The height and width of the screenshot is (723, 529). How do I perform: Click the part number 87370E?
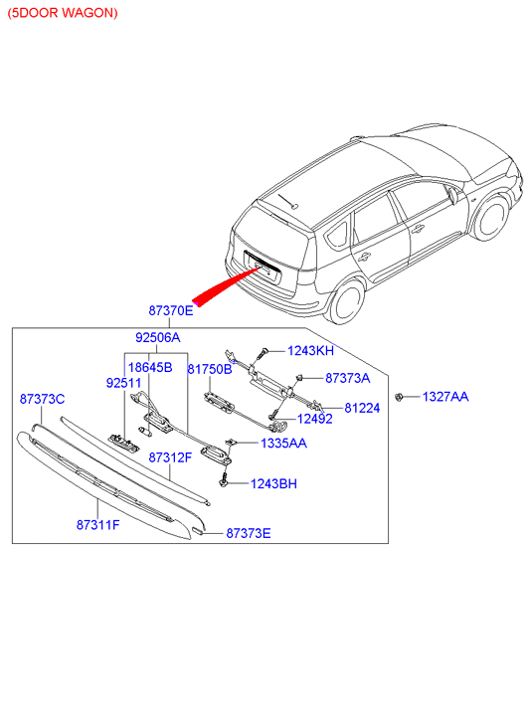(x=171, y=310)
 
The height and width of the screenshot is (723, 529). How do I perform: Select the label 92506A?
(x=158, y=337)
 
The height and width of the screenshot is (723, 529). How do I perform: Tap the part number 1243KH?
(x=310, y=351)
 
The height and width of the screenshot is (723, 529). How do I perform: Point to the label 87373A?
(x=347, y=378)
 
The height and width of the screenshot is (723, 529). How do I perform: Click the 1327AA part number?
(x=445, y=397)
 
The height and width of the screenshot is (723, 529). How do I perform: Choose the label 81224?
(x=362, y=408)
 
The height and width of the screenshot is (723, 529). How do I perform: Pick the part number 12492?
(x=314, y=419)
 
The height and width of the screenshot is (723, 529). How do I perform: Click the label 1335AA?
(x=283, y=444)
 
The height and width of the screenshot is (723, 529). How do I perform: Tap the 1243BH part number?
(x=273, y=483)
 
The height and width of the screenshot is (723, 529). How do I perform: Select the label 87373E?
(x=249, y=533)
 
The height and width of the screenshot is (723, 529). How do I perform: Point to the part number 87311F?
(x=97, y=525)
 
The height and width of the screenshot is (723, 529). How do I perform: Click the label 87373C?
(x=42, y=399)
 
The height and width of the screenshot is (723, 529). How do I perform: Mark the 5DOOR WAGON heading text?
(x=63, y=13)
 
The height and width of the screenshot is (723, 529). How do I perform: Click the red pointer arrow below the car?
(x=226, y=287)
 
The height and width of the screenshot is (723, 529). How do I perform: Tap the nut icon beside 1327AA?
(x=399, y=396)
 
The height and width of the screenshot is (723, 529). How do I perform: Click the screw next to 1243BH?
(x=224, y=478)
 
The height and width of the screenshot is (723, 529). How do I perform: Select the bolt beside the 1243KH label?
(x=262, y=353)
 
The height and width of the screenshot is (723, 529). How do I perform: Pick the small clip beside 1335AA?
(x=231, y=443)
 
